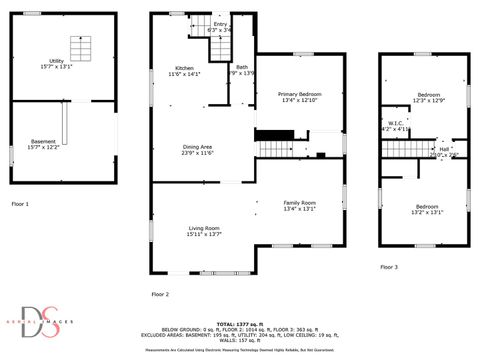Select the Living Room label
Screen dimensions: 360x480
(204, 231)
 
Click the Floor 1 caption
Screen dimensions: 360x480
(20, 204)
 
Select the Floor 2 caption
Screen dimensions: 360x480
(160, 294)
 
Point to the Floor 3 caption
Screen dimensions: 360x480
(388, 267)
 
